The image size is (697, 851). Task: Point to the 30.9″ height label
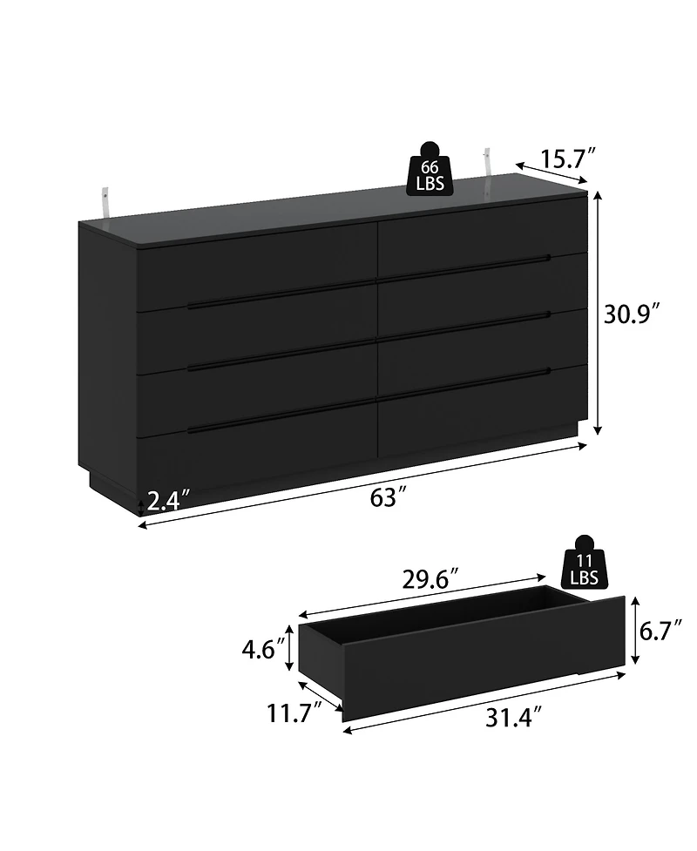(x=636, y=314)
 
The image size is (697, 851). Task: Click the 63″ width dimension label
(x=389, y=498)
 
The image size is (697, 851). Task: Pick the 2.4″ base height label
(x=169, y=502)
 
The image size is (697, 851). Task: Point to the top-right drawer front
(x=479, y=231)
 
